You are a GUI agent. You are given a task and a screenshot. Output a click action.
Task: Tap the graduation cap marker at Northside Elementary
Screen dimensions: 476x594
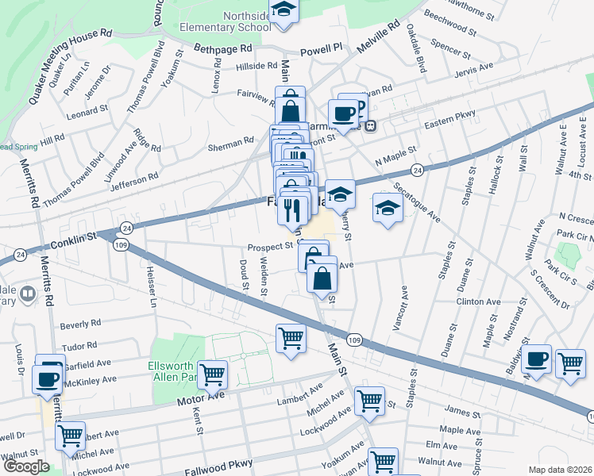point(282,10)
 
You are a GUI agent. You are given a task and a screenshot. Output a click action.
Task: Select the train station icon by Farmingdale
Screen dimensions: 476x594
point(369,125)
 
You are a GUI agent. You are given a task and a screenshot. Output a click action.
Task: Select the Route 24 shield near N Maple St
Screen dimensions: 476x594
point(416,170)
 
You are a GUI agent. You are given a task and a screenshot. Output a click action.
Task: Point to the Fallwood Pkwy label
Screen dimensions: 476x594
point(218,464)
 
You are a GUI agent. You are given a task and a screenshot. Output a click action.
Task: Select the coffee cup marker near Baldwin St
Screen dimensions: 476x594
point(536,358)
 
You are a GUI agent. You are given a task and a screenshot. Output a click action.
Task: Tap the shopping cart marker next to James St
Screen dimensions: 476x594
point(369,401)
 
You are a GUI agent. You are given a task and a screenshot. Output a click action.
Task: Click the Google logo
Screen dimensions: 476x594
point(25,466)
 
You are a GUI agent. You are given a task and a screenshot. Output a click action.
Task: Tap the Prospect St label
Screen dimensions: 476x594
point(270,247)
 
